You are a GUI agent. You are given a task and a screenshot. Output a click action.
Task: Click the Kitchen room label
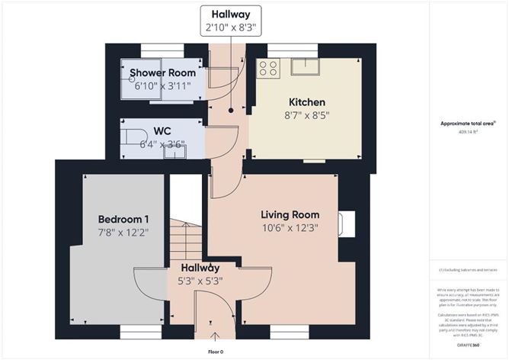point(307,102)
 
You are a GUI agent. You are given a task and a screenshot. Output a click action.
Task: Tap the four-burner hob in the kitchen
point(267,67)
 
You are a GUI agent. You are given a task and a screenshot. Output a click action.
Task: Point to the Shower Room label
point(162,73)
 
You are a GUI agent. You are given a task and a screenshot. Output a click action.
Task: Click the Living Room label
point(290,214)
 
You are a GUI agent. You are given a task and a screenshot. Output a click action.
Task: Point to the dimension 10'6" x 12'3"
point(290,227)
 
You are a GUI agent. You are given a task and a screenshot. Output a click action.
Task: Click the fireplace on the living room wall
point(347,223)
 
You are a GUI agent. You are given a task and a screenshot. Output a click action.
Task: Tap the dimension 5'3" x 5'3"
point(200,281)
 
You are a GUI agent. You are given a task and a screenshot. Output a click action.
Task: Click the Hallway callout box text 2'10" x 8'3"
point(231,28)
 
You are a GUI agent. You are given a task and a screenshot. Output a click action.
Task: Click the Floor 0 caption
point(216,352)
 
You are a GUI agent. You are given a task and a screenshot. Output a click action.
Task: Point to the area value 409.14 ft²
point(468,132)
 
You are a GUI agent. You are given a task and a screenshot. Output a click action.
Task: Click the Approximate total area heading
point(468,123)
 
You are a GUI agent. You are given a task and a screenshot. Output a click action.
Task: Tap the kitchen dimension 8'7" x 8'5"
point(307,117)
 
